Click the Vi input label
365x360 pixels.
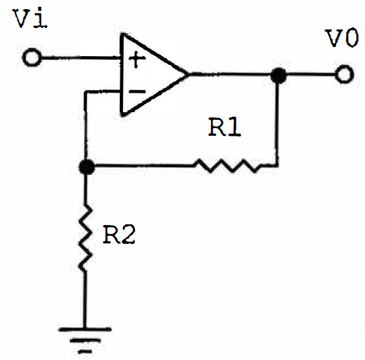pyautogui.click(x=31, y=18)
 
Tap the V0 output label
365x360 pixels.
pyautogui.click(x=343, y=38)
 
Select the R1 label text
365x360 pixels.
pyautogui.click(x=225, y=127)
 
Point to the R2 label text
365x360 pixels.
pyautogui.click(x=119, y=234)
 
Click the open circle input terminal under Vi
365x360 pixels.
pyautogui.click(x=32, y=58)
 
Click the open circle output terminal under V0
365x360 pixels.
pyautogui.click(x=344, y=74)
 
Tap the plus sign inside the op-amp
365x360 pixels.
pyautogui.click(x=137, y=59)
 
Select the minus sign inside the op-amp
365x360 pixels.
pyautogui.click(x=137, y=91)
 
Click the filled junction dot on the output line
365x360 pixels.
pyautogui.click(x=278, y=75)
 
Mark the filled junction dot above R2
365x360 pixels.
pyautogui.click(x=87, y=167)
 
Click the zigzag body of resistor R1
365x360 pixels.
pyautogui.click(x=229, y=165)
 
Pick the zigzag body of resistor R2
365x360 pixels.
pyautogui.click(x=85, y=238)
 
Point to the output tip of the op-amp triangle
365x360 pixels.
pyautogui.click(x=188, y=74)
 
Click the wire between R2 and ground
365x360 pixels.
pyautogui.click(x=85, y=299)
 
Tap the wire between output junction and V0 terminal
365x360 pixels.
pyautogui.click(x=311, y=74)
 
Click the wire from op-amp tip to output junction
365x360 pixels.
pyautogui.click(x=230, y=74)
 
